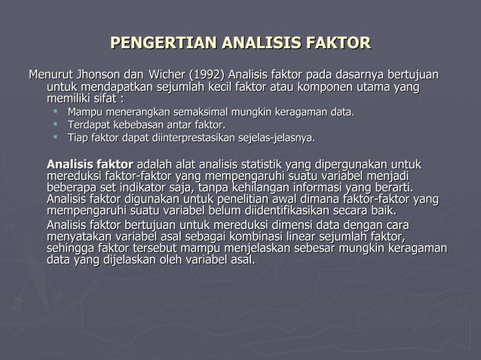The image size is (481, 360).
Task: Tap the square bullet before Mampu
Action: click(57, 112)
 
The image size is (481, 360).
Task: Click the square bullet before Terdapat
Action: click(57, 125)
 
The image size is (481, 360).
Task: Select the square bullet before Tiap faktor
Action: click(57, 138)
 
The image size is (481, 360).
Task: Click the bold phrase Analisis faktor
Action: click(89, 165)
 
